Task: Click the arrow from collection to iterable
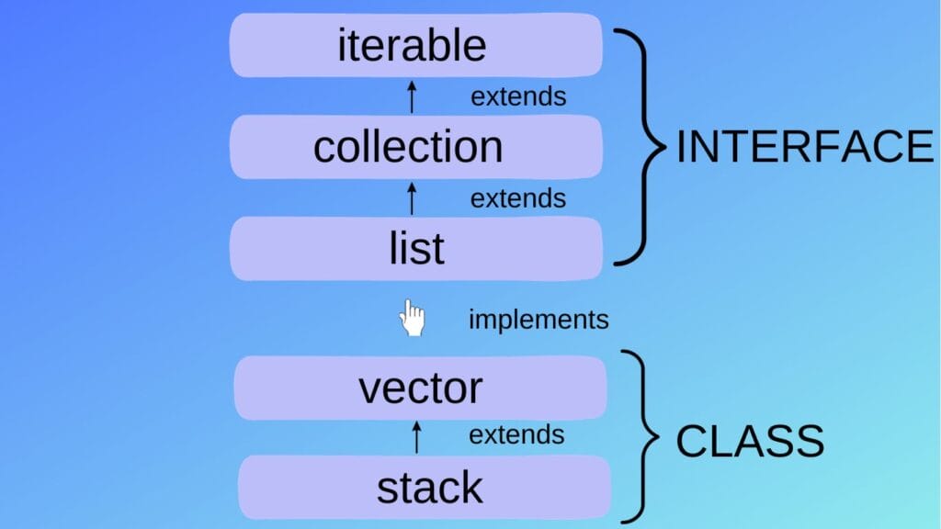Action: pyautogui.click(x=412, y=96)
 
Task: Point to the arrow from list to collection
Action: pyautogui.click(x=412, y=197)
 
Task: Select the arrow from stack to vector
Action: pyautogui.click(x=416, y=436)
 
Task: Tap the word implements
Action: pyautogui.click(x=539, y=320)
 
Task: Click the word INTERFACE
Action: pyautogui.click(x=805, y=147)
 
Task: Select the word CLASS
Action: pyautogui.click(x=750, y=442)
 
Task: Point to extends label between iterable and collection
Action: pyautogui.click(x=517, y=96)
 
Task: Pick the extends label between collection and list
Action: pyautogui.click(x=517, y=197)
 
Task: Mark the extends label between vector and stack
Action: pyautogui.click(x=516, y=434)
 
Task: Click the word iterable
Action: pyautogui.click(x=411, y=45)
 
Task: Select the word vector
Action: pyautogui.click(x=420, y=388)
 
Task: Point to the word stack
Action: pyautogui.click(x=429, y=488)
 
